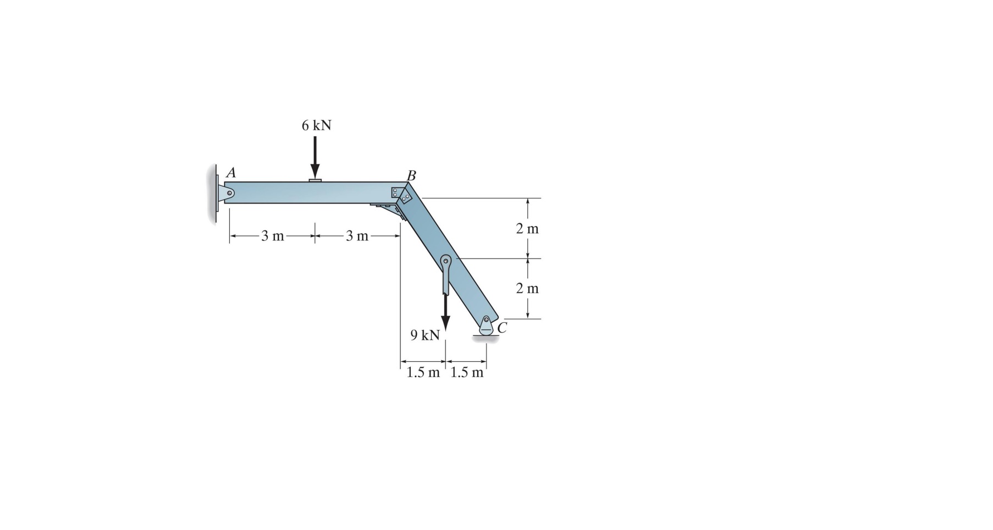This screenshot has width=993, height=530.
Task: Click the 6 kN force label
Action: (x=316, y=125)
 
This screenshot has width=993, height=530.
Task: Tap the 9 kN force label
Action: (x=424, y=335)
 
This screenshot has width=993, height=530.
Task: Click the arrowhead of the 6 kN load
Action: (x=315, y=171)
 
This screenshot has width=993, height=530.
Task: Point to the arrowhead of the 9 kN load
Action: (x=445, y=324)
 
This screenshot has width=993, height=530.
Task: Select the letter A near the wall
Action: (x=231, y=173)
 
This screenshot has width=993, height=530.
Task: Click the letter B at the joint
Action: (x=411, y=175)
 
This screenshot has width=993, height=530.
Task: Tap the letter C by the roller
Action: (x=502, y=328)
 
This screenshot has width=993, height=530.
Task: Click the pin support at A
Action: (x=227, y=193)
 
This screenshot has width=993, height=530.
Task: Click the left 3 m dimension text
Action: (x=272, y=236)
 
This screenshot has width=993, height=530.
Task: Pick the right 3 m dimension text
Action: (x=357, y=236)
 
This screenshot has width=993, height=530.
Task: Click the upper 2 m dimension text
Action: (x=527, y=228)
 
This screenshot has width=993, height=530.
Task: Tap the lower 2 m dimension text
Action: (x=527, y=288)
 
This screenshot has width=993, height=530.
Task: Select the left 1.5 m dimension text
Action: (x=423, y=373)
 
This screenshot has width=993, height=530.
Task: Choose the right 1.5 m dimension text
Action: (x=466, y=373)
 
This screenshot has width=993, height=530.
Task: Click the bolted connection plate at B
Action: (x=401, y=195)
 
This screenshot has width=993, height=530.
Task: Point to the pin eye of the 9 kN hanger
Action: (x=446, y=261)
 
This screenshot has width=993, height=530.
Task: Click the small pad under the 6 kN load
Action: (x=315, y=180)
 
